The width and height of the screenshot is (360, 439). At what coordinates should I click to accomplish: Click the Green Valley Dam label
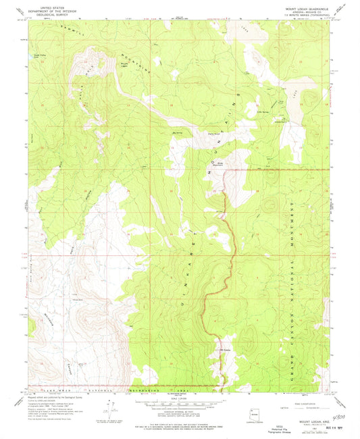coord(32,58)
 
